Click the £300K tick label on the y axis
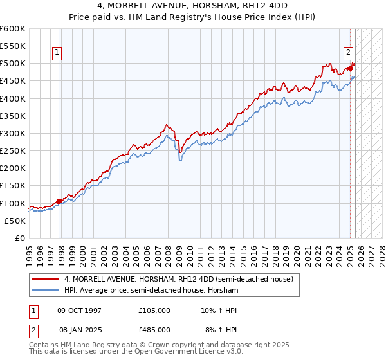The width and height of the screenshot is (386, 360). tap(13, 133)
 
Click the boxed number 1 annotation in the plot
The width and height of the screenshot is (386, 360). tap(58, 53)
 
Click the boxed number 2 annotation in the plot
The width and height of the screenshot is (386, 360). tap(348, 53)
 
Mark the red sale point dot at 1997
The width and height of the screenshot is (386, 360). tap(59, 201)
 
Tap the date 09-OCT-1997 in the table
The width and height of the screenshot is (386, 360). tap(80, 310)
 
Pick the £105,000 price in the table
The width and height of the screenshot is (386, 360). tap(154, 310)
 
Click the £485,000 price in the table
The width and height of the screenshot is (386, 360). tap(154, 329)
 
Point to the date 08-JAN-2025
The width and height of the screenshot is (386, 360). tap(80, 329)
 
